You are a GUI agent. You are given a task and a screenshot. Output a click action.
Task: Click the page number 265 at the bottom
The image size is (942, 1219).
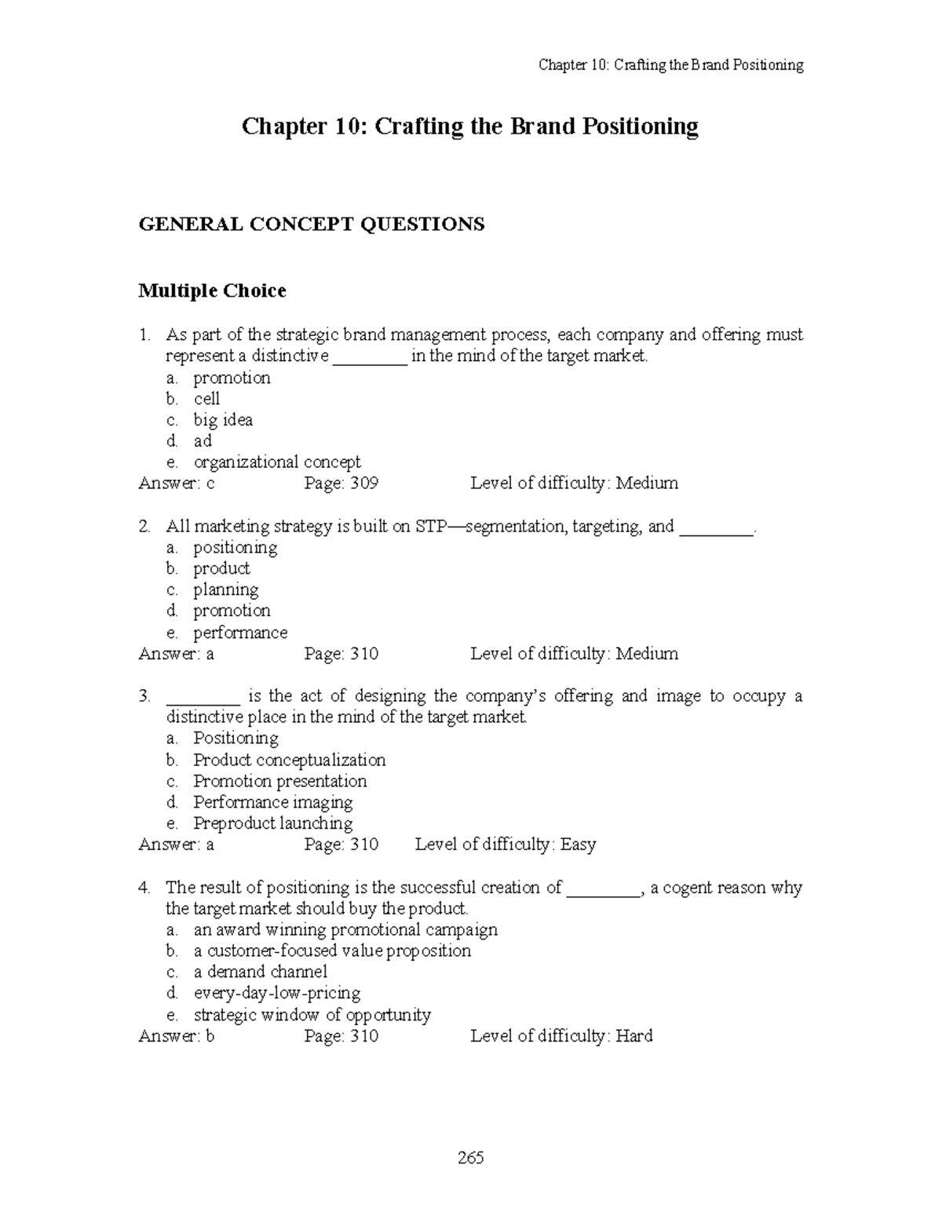(x=471, y=1158)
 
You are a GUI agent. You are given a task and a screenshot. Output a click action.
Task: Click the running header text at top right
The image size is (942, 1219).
(x=670, y=65)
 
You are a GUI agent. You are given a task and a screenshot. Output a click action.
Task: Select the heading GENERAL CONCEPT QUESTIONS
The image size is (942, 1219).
(x=312, y=224)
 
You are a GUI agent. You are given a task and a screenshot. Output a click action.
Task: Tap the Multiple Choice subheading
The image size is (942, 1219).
(x=212, y=291)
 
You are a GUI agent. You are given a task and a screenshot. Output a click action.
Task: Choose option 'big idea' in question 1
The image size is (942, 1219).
(x=223, y=420)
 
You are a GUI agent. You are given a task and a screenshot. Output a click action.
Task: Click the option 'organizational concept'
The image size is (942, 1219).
(x=277, y=462)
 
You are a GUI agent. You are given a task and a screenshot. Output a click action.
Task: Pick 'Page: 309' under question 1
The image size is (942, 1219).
(x=341, y=484)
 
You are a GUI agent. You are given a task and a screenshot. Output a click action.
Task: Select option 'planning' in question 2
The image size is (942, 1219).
(x=226, y=589)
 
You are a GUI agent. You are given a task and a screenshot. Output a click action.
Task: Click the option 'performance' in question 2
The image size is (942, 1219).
(x=240, y=633)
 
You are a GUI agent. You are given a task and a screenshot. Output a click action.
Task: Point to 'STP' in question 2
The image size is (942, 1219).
(x=429, y=527)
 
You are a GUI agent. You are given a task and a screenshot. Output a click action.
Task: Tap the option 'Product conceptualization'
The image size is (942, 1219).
(x=290, y=760)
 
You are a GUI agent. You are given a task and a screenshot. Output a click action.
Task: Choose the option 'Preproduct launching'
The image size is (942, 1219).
(x=273, y=823)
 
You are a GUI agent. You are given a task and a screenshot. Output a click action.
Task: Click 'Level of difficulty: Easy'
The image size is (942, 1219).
(x=506, y=845)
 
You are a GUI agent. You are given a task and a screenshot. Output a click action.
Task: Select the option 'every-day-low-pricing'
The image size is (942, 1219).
(x=277, y=994)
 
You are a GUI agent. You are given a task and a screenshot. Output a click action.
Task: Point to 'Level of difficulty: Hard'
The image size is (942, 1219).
(x=561, y=1036)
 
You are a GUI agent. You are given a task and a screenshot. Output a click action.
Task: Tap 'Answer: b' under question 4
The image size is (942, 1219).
(x=177, y=1036)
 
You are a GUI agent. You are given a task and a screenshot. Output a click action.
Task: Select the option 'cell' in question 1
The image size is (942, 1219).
(x=206, y=399)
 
